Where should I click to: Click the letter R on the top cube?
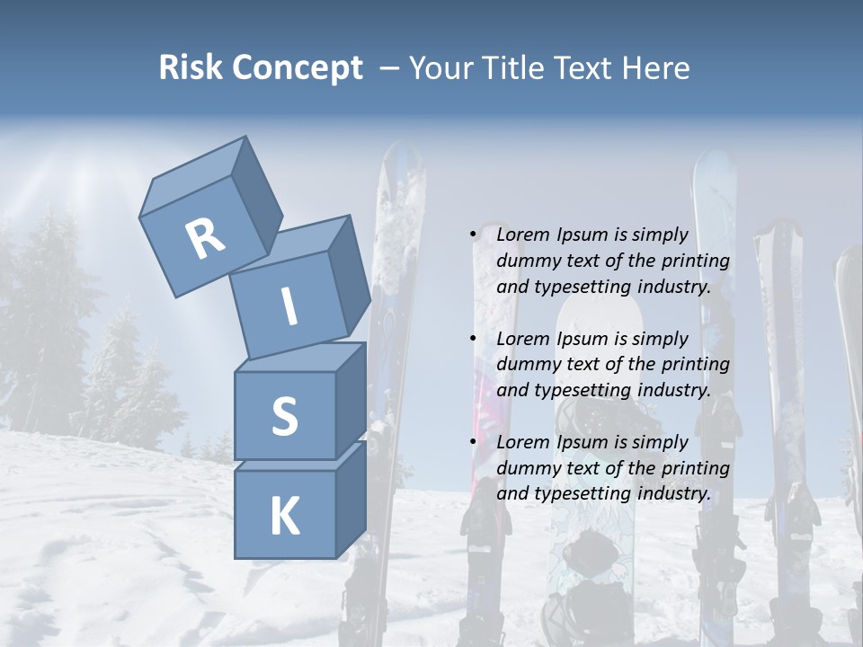coord(205,238)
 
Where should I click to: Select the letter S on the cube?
coord(284,416)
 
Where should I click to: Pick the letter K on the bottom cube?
coord(284,517)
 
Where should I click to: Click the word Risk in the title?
coord(190,67)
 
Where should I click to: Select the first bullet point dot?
coord(474,235)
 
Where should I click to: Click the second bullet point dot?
coord(474,339)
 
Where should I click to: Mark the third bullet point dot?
coord(474,442)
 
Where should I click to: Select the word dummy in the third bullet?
coord(529,467)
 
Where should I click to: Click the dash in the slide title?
coord(389,67)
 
